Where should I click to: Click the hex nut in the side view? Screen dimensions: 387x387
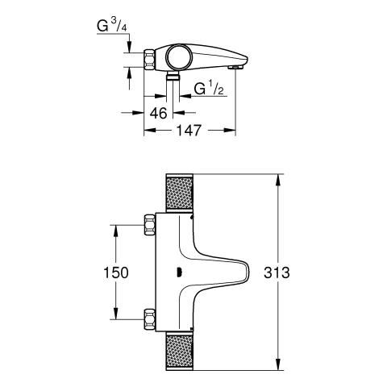(149, 60)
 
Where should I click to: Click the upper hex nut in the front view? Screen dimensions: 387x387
(148, 227)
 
